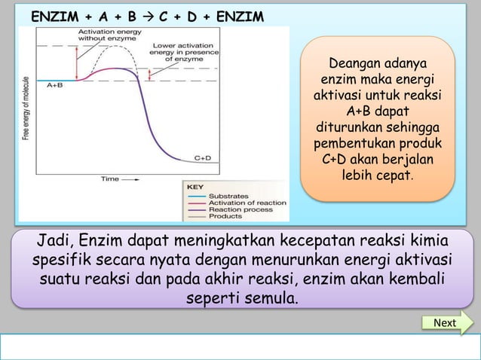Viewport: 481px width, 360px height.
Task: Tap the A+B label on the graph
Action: coord(54,87)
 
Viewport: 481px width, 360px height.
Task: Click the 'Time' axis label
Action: coord(111,179)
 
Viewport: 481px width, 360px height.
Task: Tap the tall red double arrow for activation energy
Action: coord(77,59)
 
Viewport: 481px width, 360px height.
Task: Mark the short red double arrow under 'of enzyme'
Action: coord(151,74)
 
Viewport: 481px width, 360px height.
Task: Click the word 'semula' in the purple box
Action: coord(268,299)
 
